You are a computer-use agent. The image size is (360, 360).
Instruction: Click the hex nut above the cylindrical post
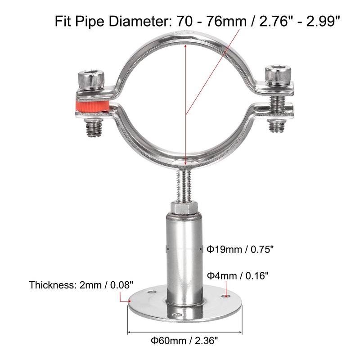(184, 209)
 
